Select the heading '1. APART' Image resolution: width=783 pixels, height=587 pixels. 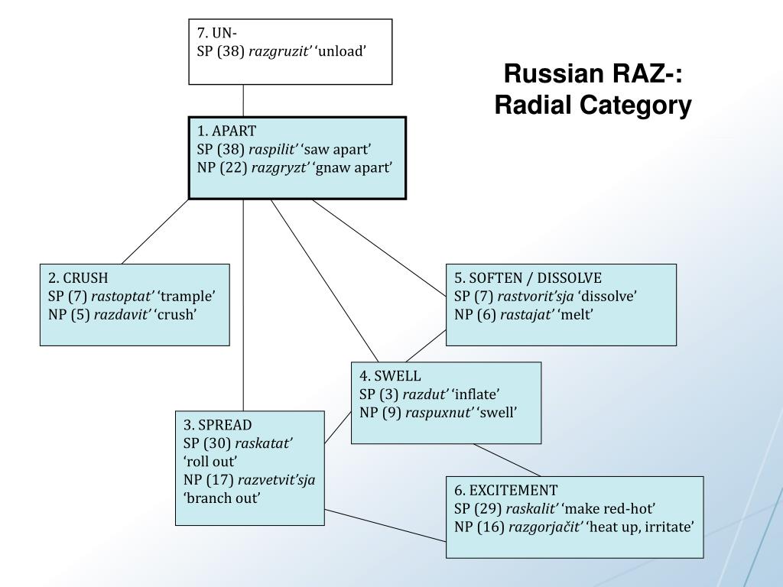pos(226,131)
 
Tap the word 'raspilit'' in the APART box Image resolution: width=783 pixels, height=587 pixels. pos(273,149)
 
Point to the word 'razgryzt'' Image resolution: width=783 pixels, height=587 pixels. pos(279,167)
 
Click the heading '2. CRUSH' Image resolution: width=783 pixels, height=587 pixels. pos(78,277)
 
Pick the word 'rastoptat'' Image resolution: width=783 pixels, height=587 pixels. pos(122,296)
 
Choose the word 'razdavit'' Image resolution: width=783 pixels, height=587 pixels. pos(122,314)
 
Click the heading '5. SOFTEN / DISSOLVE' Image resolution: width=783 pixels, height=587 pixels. pos(528,277)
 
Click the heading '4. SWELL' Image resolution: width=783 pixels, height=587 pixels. pos(390,376)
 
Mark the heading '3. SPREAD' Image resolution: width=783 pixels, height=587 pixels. pos(217,425)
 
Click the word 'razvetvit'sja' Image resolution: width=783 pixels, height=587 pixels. pos(277,480)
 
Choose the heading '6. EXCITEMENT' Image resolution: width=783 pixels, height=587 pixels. pos(505,490)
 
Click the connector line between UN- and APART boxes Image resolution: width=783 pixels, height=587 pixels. pos(244,100)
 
